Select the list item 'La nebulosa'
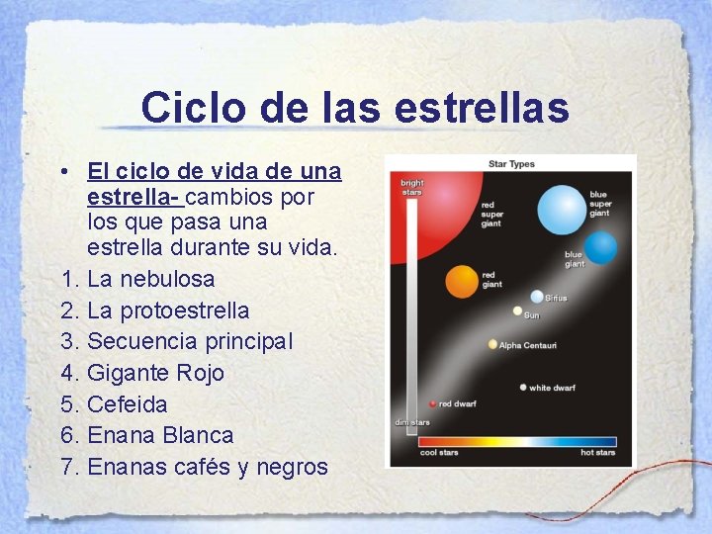[x=150, y=279]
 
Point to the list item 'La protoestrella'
[x=168, y=311]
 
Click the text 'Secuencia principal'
[x=190, y=341]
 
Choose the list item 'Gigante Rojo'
[x=155, y=373]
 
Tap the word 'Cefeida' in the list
[x=128, y=404]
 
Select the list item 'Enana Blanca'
[x=160, y=435]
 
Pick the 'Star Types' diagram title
[x=511, y=163]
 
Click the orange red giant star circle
[x=462, y=281]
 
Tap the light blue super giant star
[x=562, y=209]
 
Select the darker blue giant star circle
[x=600, y=247]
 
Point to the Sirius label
[x=556, y=298]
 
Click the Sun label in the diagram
[x=531, y=315]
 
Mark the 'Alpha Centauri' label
[x=528, y=345]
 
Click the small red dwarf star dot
[x=433, y=403]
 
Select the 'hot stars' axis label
[x=597, y=453]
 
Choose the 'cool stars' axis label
[x=440, y=453]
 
